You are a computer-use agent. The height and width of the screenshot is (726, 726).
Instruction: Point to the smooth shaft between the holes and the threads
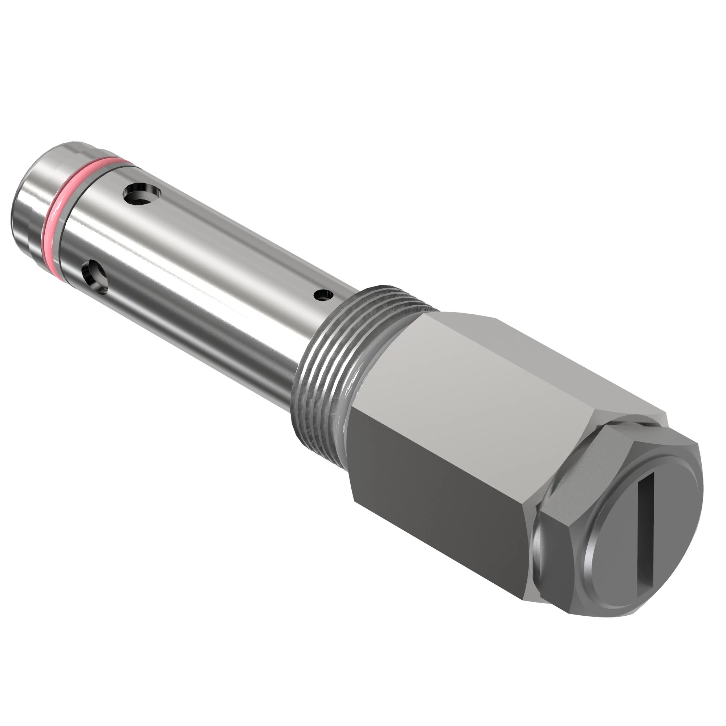tap(225, 301)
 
